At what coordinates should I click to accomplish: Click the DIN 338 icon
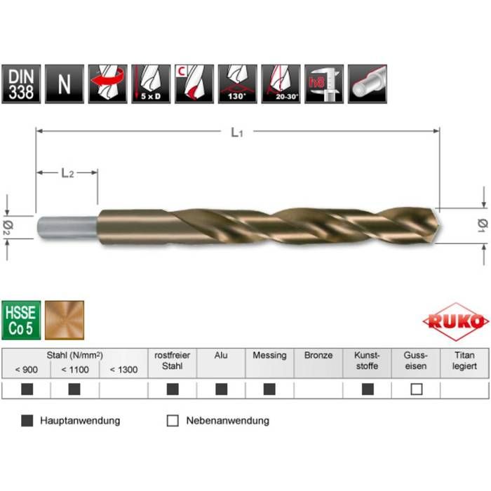[x=22, y=84]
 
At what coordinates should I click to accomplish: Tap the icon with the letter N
[x=65, y=84]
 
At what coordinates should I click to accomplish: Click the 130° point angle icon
[x=238, y=84]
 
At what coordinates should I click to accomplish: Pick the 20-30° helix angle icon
[x=281, y=84]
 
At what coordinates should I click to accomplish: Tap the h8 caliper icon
[x=323, y=84]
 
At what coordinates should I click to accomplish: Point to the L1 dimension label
[x=237, y=132]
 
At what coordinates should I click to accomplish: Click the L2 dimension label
[x=67, y=173]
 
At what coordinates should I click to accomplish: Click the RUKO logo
[x=456, y=322]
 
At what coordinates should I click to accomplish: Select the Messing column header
[x=269, y=356]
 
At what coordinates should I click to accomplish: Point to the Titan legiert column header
[x=464, y=361]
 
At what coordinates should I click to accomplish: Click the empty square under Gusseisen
[x=416, y=389]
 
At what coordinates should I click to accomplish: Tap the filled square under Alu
[x=221, y=389]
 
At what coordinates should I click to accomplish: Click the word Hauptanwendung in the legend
[x=80, y=421]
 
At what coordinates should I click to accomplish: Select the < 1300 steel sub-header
[x=123, y=370]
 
